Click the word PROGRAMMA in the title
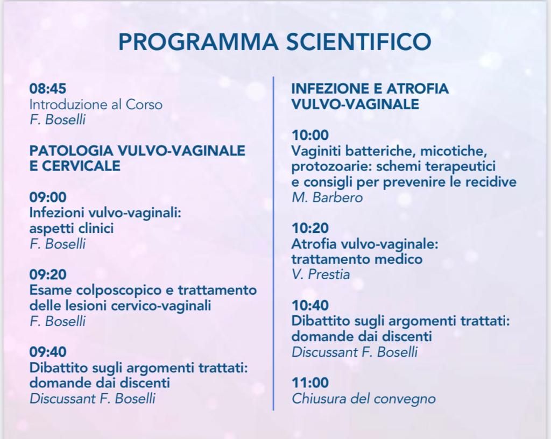[199, 41]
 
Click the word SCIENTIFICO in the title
[359, 41]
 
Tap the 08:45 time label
[48, 89]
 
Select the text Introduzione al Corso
[96, 105]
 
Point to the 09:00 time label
[48, 197]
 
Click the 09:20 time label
[48, 274]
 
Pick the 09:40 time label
[48, 351]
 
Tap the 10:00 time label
[310, 135]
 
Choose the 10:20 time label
[310, 228]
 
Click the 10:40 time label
[310, 305]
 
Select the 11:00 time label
[310, 383]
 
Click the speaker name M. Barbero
[327, 197]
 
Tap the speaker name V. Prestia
[321, 274]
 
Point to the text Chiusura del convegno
[364, 399]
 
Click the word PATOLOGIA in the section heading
[72, 151]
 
